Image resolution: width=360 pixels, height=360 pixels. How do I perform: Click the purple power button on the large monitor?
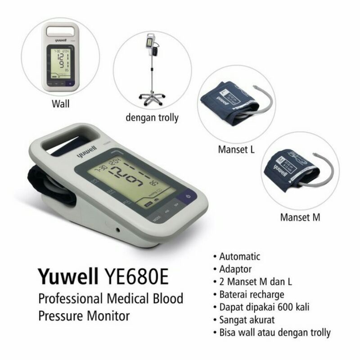tap(187, 197)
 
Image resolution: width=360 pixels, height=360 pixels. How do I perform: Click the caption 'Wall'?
tap(60, 105)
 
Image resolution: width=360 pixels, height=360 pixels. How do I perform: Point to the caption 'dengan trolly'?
tap(152, 118)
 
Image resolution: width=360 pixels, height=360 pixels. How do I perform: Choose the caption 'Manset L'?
tap(236, 149)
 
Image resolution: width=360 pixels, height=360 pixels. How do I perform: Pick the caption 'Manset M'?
tap(300, 217)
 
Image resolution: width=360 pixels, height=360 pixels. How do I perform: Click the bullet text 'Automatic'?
tap(239, 256)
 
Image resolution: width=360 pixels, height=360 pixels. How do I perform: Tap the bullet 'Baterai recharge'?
tap(252, 295)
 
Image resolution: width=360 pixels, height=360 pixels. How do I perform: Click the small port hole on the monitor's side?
tap(117, 230)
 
